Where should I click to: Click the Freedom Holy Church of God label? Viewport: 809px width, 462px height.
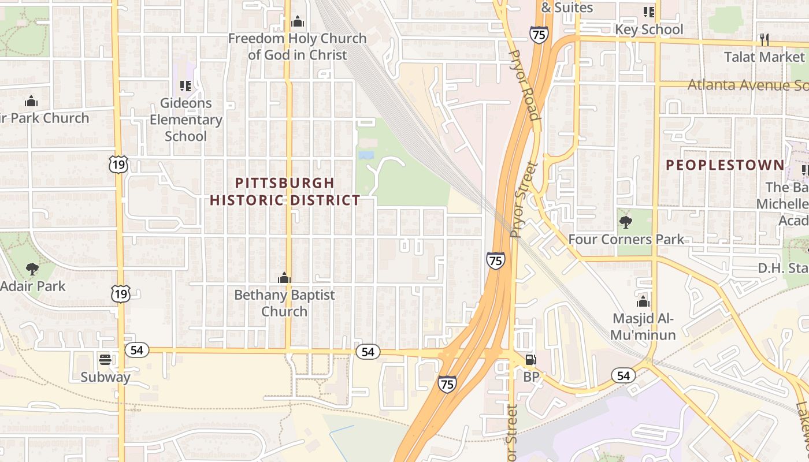298,47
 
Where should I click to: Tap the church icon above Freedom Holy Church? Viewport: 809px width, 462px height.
298,22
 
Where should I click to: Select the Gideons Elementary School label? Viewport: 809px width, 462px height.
185,120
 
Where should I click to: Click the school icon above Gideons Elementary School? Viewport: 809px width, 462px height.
185,86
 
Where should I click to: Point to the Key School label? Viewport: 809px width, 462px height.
648,29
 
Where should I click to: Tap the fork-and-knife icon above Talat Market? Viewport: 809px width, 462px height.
765,39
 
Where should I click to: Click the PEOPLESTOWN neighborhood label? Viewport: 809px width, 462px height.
725,165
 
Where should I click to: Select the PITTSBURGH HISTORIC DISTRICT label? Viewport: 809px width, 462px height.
285,192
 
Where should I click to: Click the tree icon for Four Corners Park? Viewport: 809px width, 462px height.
625,222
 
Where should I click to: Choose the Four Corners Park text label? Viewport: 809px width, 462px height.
626,239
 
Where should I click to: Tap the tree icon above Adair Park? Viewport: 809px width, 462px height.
32,269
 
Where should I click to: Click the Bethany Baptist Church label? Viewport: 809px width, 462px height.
284,303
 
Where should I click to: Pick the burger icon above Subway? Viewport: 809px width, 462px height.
105,360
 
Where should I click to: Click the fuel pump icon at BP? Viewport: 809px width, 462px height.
530,360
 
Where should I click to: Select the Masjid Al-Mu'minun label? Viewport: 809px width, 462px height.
644,327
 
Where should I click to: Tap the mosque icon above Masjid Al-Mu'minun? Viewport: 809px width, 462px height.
643,301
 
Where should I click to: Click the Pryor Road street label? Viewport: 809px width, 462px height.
525,85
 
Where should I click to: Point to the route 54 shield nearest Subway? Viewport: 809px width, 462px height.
137,350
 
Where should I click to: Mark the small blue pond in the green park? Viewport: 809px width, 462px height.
366,155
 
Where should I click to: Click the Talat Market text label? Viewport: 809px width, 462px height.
765,57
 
